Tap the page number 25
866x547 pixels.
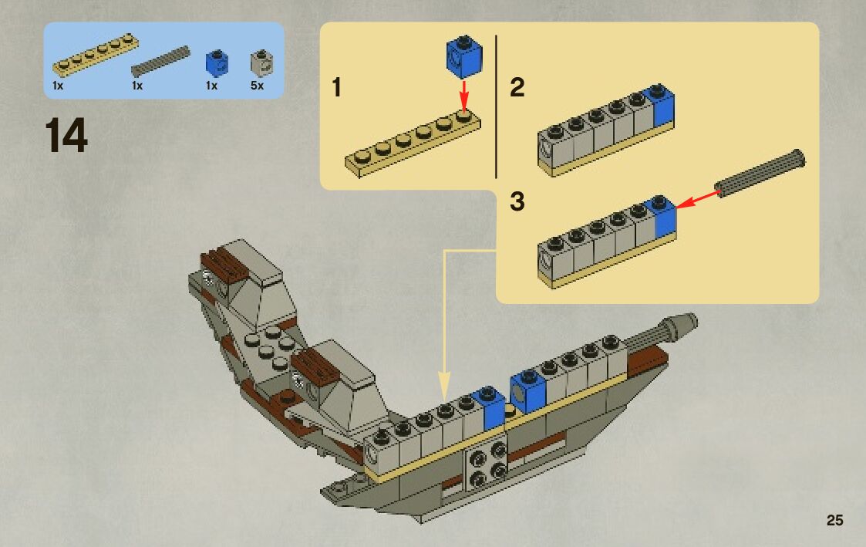pyautogui.click(x=834, y=520)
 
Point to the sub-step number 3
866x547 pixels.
pyautogui.click(x=517, y=202)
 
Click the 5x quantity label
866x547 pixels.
pyautogui.click(x=257, y=86)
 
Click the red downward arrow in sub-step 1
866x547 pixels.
pyautogui.click(x=464, y=96)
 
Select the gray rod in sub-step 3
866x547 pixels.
pyautogui.click(x=760, y=174)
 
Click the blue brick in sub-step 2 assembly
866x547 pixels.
pyautogui.click(x=662, y=106)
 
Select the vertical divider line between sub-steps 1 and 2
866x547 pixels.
pyautogui.click(x=496, y=106)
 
